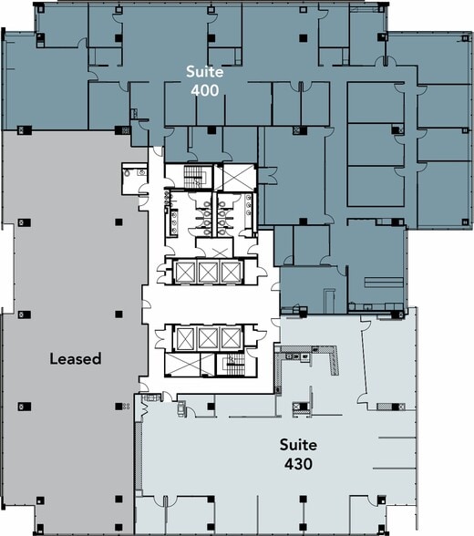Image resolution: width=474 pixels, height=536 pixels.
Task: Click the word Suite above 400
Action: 203,71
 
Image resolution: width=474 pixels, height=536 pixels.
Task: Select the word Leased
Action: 75,359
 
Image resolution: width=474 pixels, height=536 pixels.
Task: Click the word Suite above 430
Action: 298,445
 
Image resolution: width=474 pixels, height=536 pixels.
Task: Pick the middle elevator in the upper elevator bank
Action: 209,271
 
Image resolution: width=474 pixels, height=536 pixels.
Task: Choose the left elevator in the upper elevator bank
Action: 185,271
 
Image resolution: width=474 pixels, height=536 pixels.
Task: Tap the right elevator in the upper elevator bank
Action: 232,271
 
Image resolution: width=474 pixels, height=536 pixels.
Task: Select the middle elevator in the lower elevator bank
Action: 209,338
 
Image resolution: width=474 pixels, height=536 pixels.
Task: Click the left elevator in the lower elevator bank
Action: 185,338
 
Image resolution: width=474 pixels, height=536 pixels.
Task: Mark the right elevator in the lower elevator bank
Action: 232,338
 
